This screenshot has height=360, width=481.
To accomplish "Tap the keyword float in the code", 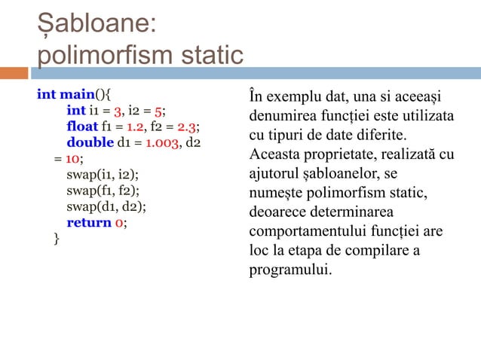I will [x=81, y=125].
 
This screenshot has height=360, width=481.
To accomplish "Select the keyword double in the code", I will [x=89, y=142].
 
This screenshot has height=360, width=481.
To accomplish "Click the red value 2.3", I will [x=186, y=125].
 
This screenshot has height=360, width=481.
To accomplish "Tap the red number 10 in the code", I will [x=72, y=159].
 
